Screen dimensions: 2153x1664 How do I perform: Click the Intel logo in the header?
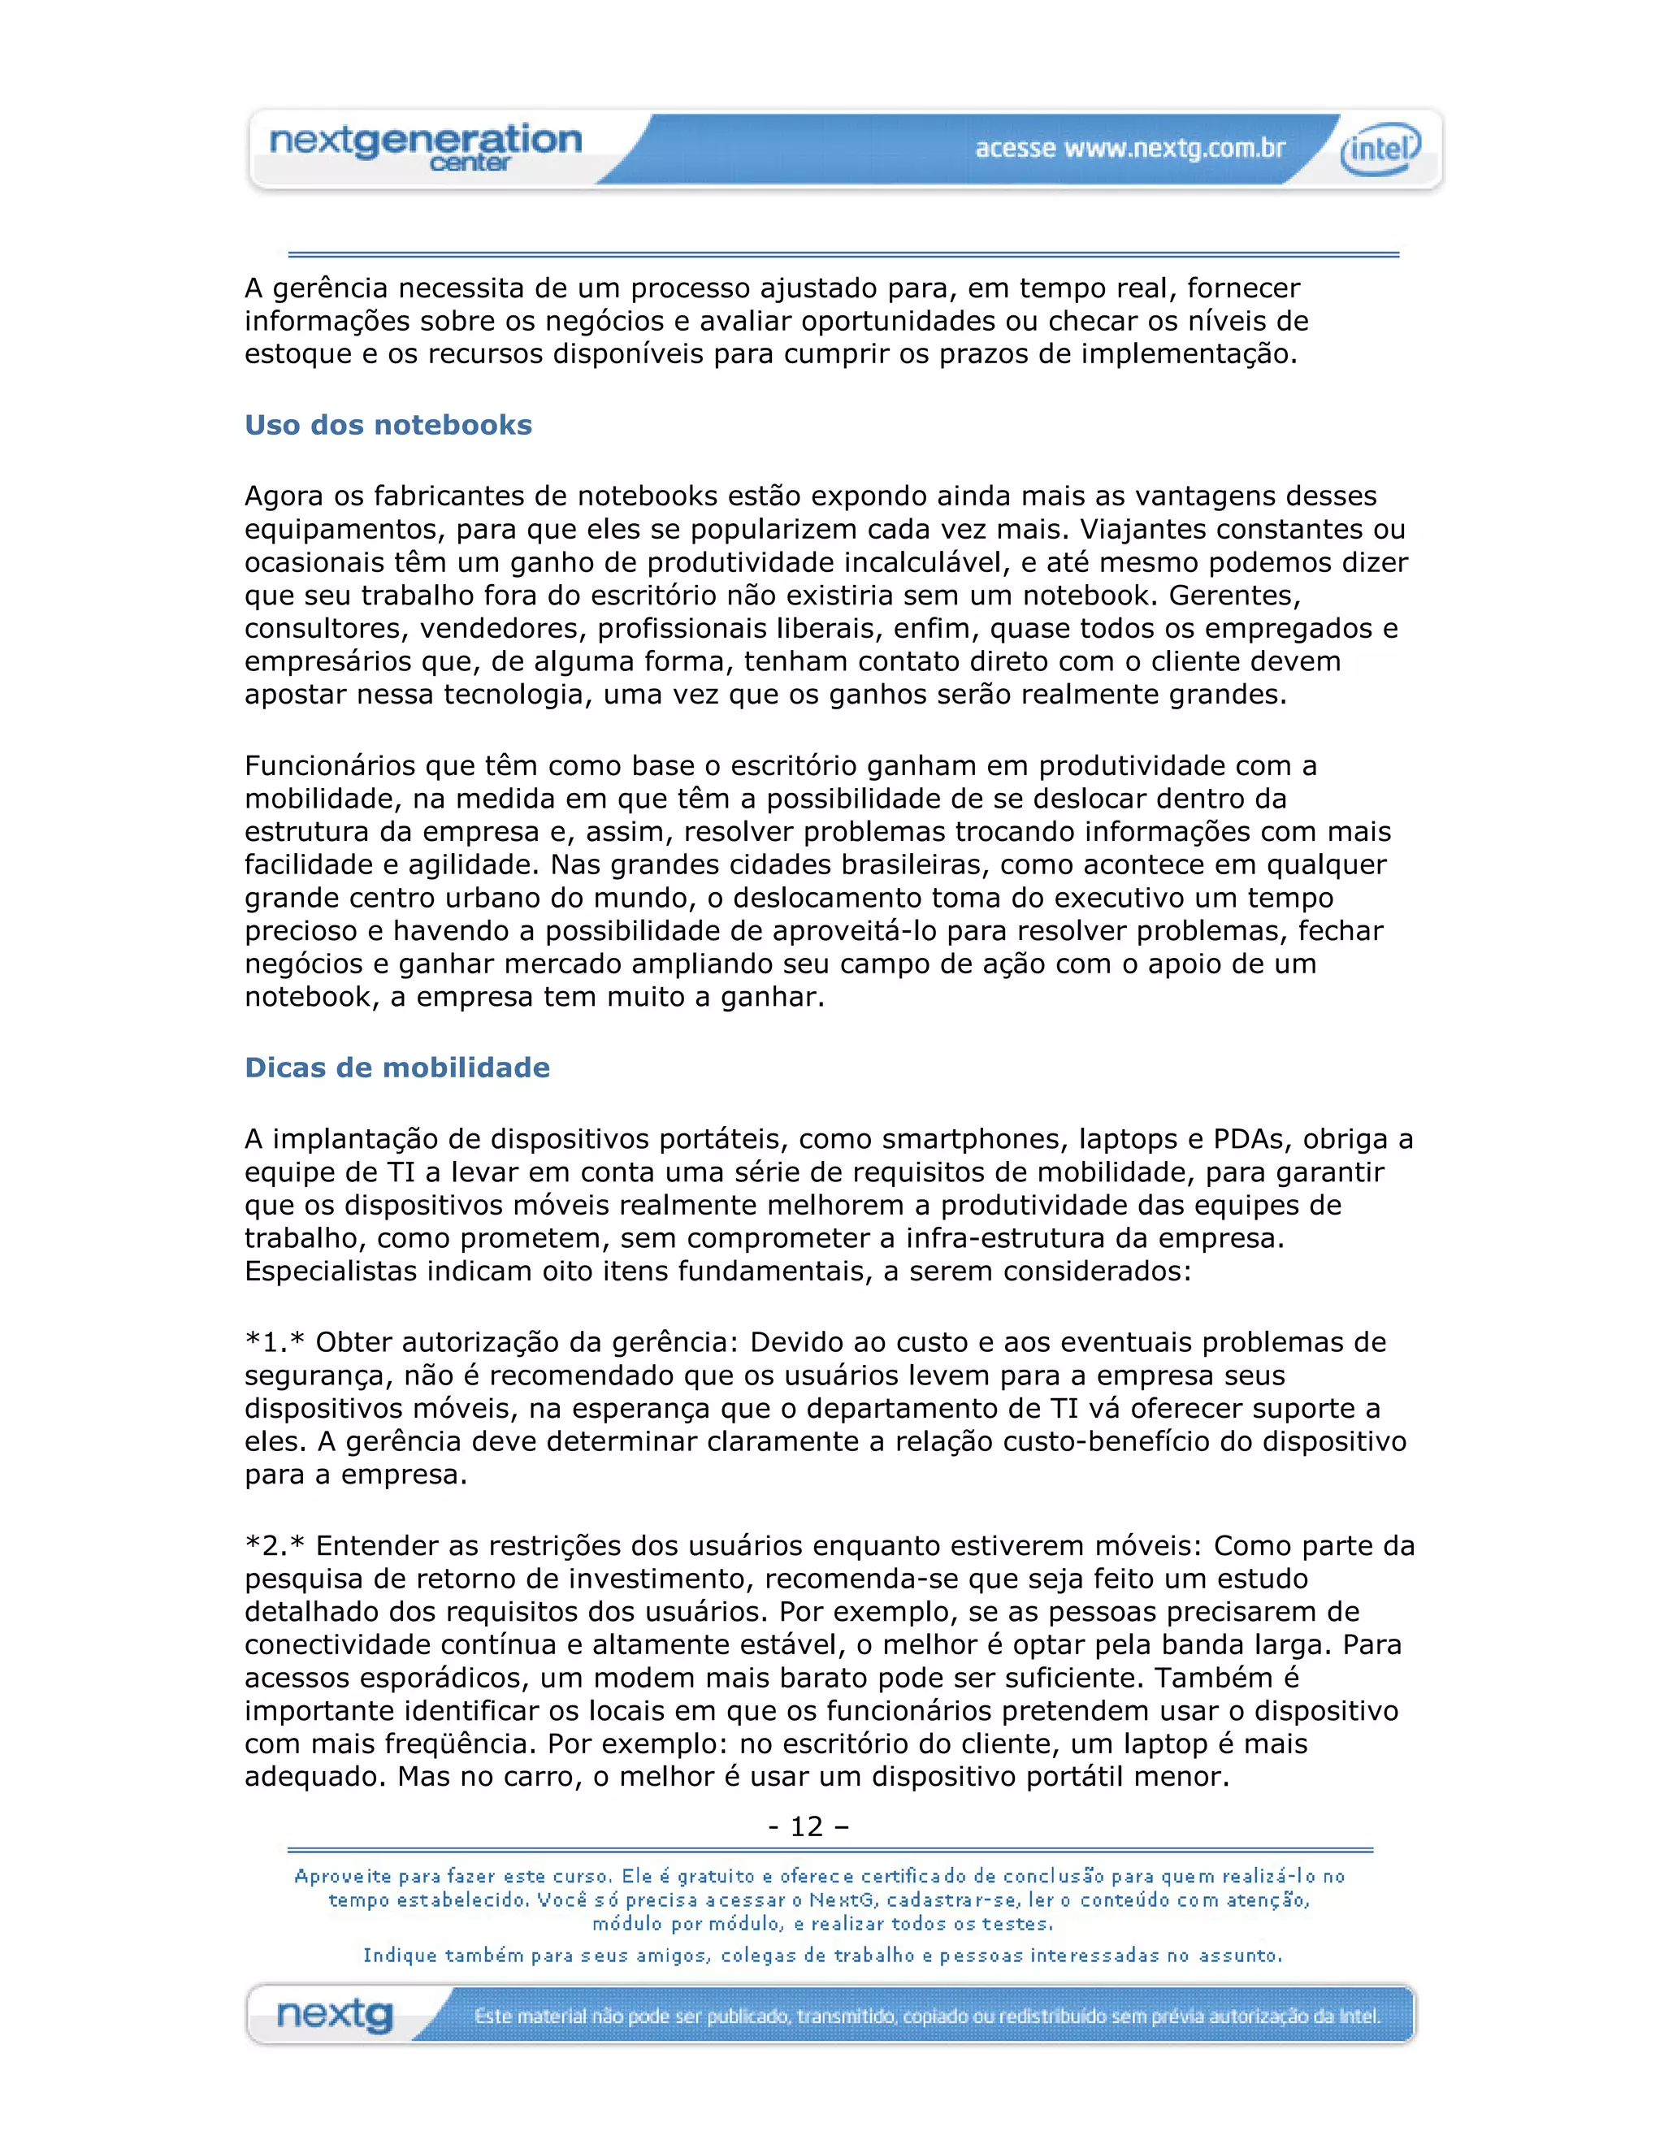pos(1380,149)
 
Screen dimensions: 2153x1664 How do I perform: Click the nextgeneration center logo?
pos(426,147)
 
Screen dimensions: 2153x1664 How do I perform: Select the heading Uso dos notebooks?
pos(388,425)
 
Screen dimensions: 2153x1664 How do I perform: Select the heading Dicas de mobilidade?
pos(397,1068)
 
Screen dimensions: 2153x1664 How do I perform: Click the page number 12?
pos(806,1826)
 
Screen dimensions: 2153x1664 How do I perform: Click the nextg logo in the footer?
pos(336,2015)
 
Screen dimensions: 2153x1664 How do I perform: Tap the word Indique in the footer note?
pos(398,1956)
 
